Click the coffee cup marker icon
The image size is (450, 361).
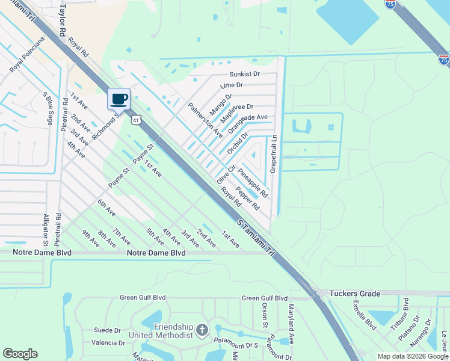[119, 99]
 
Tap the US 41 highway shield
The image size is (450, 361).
[137, 120]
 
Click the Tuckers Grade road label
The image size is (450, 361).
[355, 294]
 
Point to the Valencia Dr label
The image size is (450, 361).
[108, 343]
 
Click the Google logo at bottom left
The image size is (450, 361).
[20, 354]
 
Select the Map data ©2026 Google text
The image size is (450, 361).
[412, 356]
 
